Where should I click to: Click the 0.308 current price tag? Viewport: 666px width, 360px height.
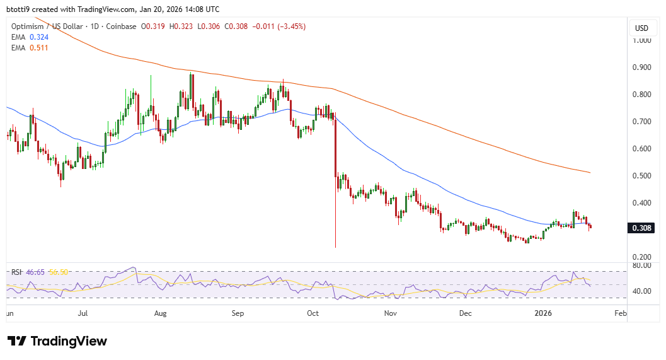[x=641, y=228]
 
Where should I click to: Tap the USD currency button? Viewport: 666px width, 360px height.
[x=641, y=28]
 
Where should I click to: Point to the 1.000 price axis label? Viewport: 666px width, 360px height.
[x=641, y=40]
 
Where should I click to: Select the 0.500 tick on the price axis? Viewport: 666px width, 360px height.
[x=641, y=176]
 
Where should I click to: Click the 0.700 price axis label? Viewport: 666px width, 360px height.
[x=641, y=122]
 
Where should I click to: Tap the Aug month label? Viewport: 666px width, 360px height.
[x=160, y=313]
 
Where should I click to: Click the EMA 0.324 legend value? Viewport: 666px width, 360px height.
[x=39, y=37]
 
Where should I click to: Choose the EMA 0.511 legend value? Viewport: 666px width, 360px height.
[x=39, y=47]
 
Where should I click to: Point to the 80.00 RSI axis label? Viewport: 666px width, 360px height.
[x=641, y=266]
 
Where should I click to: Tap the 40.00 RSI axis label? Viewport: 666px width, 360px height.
[x=641, y=291]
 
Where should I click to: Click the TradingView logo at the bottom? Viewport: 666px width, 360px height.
[x=57, y=341]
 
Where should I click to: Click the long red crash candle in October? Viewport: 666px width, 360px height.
[x=335, y=183]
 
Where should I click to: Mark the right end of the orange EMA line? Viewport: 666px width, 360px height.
[x=590, y=172]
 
